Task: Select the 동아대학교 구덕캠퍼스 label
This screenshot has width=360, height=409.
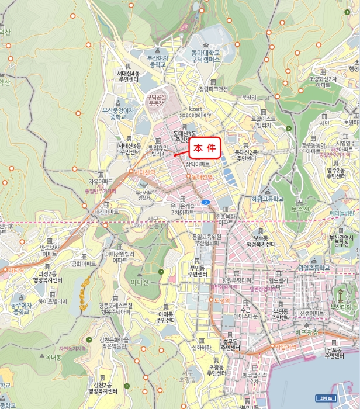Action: (205, 56)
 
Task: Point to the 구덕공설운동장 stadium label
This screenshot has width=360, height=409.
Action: (156, 100)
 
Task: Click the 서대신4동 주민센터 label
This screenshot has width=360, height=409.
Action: (128, 76)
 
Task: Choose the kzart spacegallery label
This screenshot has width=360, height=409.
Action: (195, 112)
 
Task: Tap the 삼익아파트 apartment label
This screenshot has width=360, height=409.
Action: (197, 164)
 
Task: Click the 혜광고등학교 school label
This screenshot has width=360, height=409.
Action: (267, 199)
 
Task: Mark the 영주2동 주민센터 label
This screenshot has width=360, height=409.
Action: (337, 172)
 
